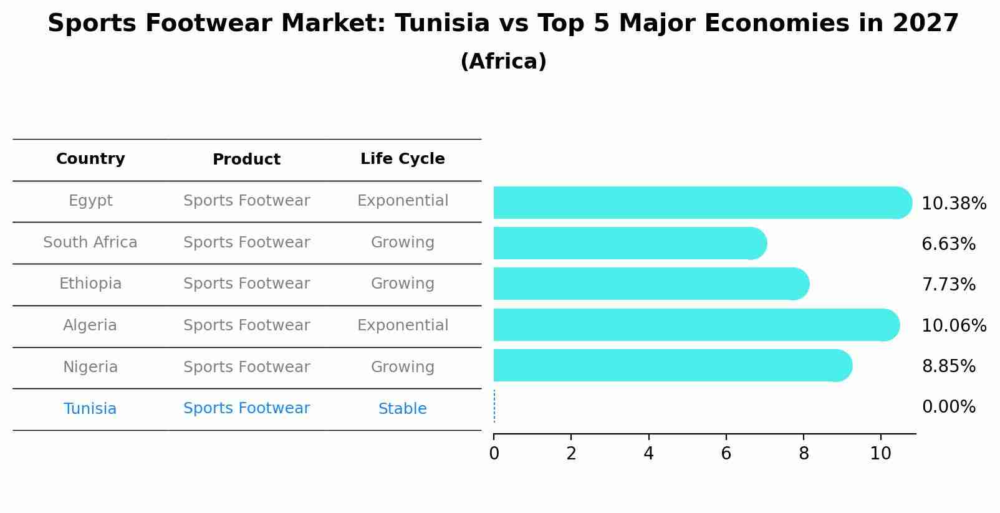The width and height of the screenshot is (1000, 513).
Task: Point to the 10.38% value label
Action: [x=953, y=204]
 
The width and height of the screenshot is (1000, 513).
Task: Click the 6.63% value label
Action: [x=948, y=244]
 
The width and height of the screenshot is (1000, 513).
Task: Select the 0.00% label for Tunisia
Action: [x=948, y=407]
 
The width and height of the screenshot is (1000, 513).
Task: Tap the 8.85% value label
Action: [x=948, y=367]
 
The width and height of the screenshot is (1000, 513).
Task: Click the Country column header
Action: [x=90, y=159]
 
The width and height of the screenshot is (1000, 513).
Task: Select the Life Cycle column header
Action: [x=402, y=159]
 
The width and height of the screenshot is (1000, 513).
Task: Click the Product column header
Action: [x=246, y=160]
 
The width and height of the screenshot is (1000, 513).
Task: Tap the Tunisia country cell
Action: [x=90, y=409]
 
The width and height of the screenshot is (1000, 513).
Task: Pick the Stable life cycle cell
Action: [x=402, y=409]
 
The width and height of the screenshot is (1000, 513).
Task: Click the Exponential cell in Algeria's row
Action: [x=402, y=325]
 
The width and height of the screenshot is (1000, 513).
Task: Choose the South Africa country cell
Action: [x=90, y=242]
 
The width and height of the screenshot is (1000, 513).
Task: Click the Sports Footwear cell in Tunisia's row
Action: [x=246, y=408]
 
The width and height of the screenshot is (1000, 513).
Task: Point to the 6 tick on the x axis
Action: [x=726, y=454]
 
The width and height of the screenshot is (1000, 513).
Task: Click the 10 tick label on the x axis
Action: [x=880, y=454]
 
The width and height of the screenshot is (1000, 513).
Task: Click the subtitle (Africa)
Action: [x=503, y=62]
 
